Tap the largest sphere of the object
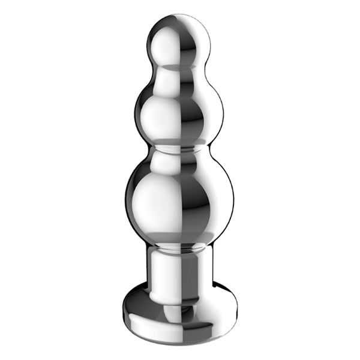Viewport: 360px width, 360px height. [x=179, y=195]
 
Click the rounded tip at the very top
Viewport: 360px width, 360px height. [x=179, y=16]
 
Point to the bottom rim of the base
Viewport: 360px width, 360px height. [x=179, y=341]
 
